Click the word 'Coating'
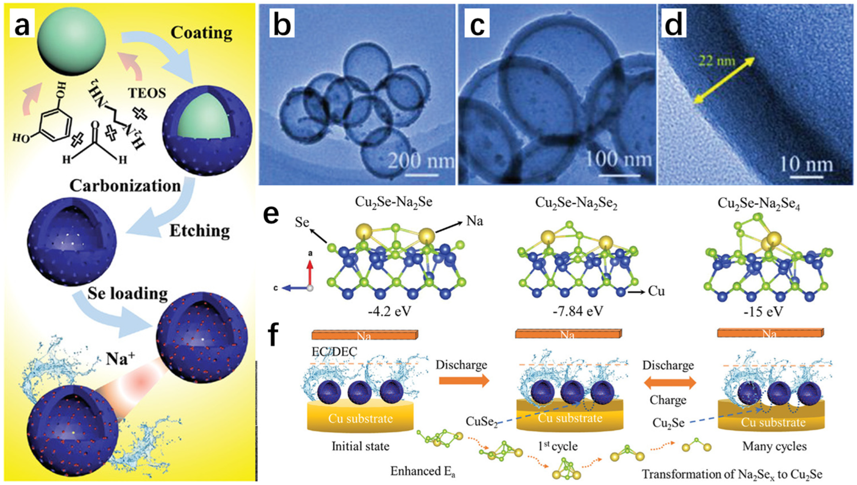click(x=201, y=33)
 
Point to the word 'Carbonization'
click(x=125, y=186)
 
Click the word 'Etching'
click(x=200, y=230)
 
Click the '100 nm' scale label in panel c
click(x=618, y=159)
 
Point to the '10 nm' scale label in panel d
click(x=811, y=164)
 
